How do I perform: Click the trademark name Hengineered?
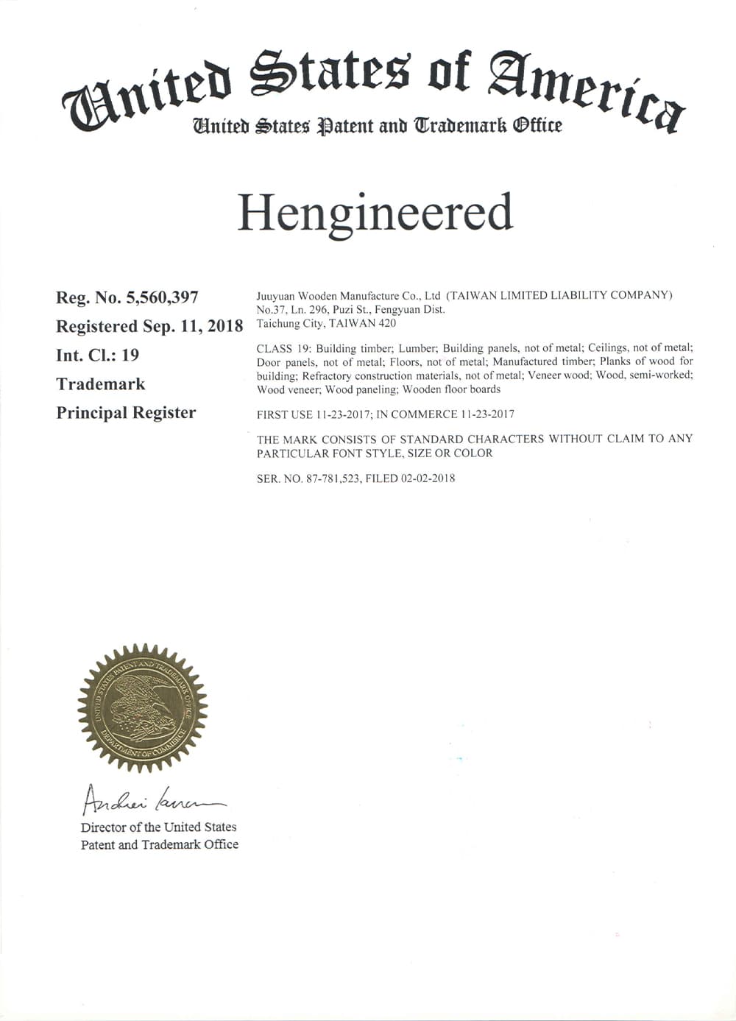[374, 213]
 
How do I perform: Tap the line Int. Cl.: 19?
[97, 355]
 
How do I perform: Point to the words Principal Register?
[126, 412]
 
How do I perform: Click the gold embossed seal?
[143, 708]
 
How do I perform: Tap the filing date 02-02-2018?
[428, 478]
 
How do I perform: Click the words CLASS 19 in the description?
[283, 348]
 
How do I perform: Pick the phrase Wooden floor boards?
[451, 389]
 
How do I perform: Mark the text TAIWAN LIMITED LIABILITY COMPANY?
[559, 296]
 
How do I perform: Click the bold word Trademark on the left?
[101, 384]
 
